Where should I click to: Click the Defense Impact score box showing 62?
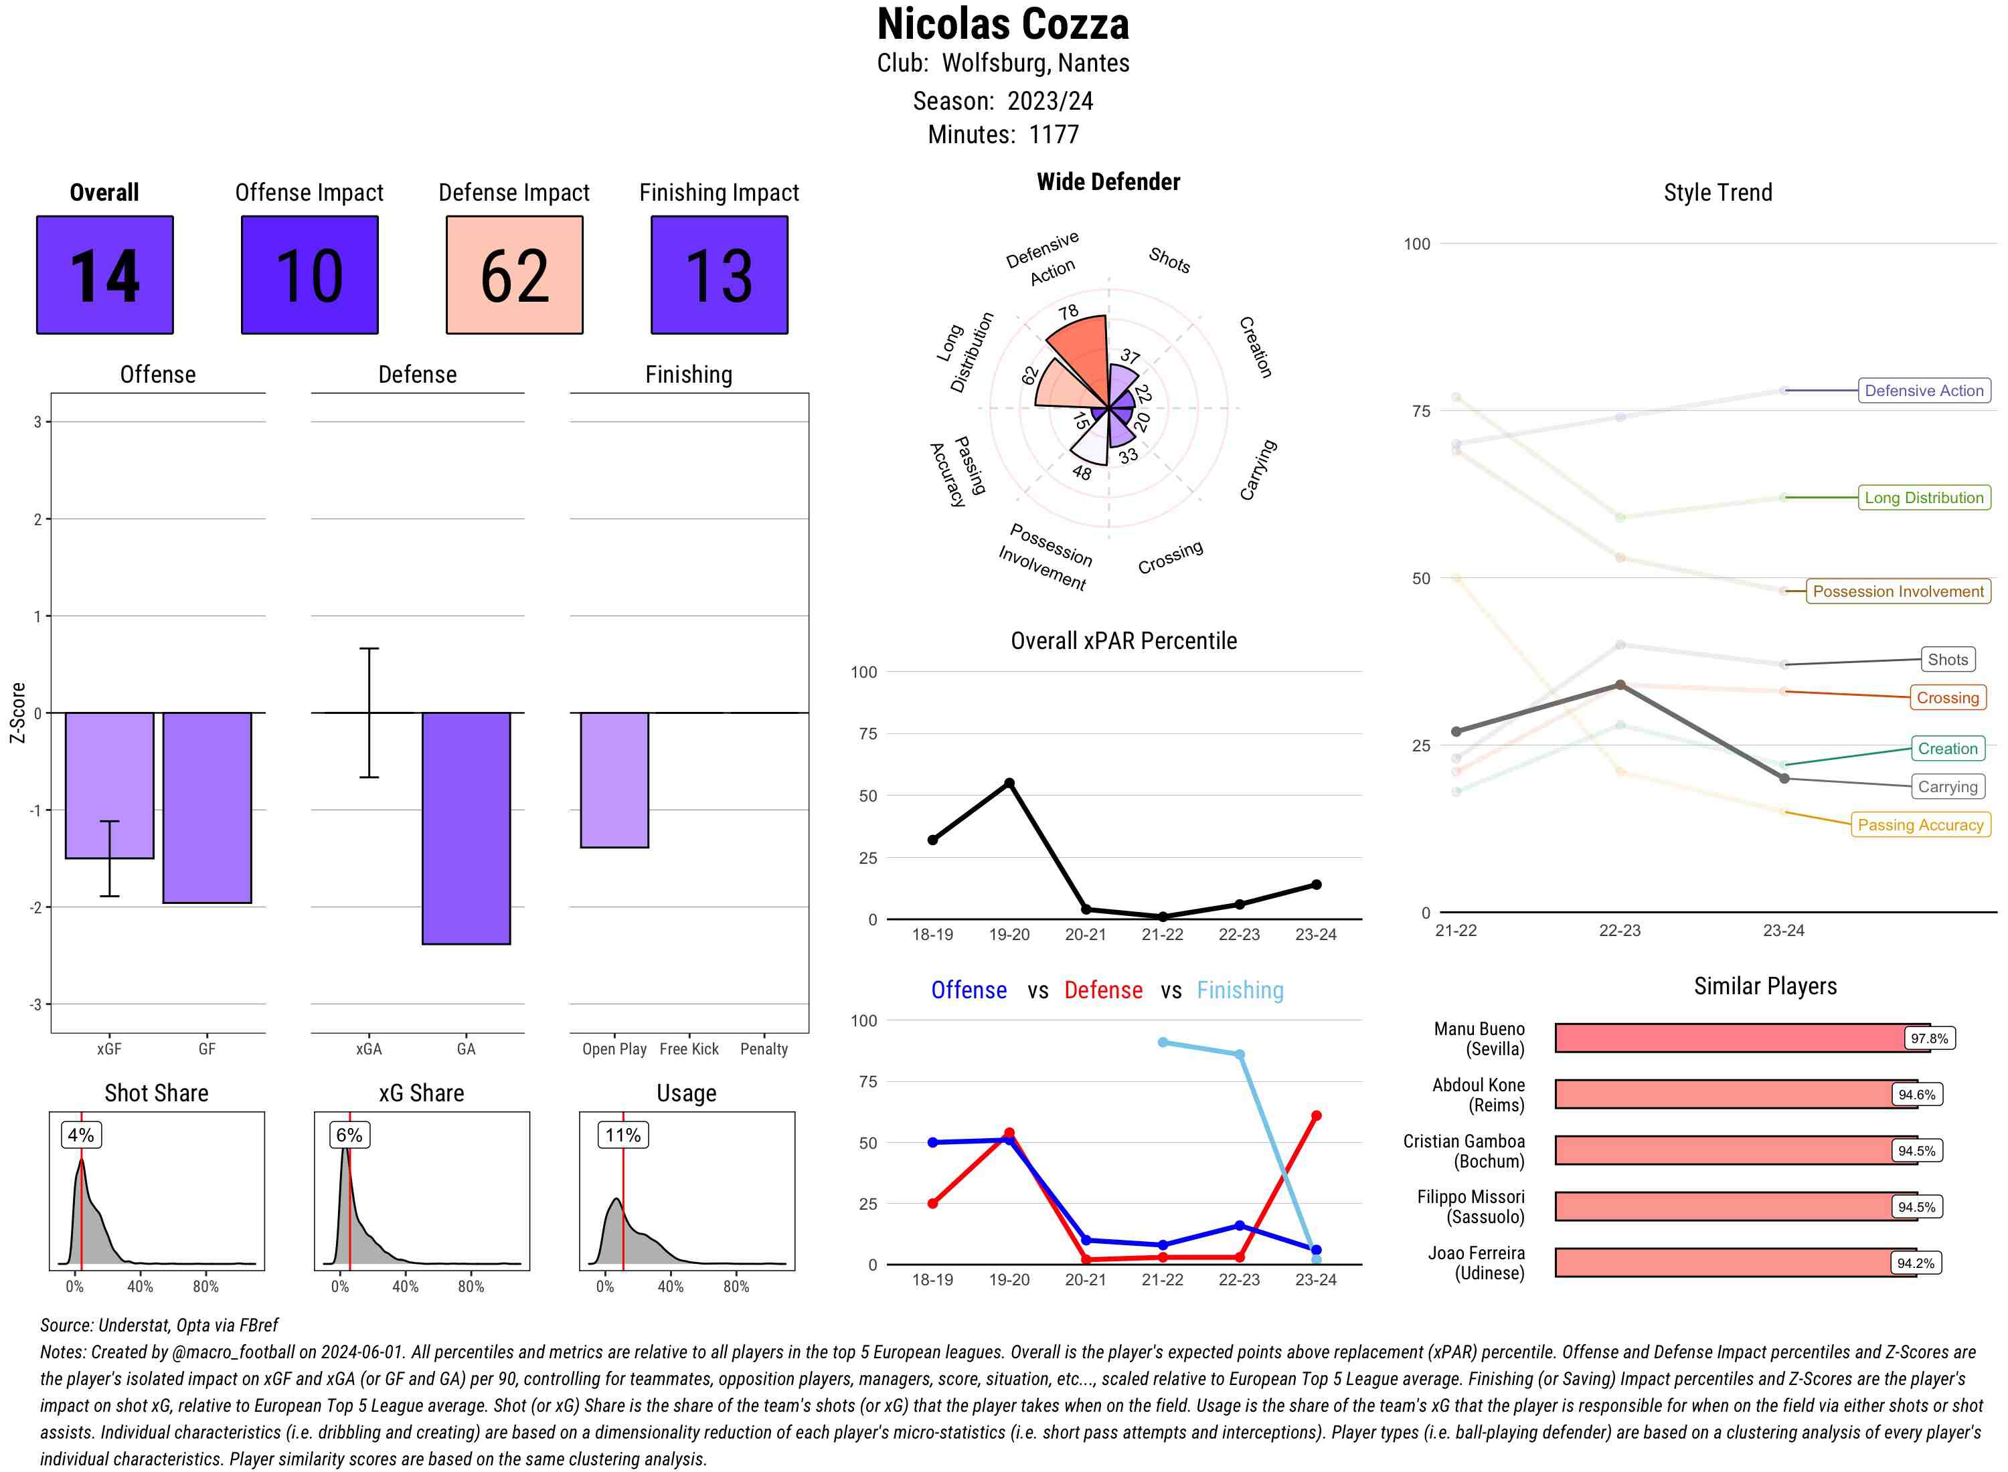(x=514, y=274)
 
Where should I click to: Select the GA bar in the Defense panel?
(x=466, y=828)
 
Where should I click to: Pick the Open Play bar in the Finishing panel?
(x=614, y=779)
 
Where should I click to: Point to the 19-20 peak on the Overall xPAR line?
(x=1009, y=784)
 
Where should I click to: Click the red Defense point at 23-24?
(x=1315, y=1115)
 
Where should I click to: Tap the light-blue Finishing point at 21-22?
(x=1162, y=1042)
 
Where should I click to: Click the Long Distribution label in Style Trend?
(x=1924, y=497)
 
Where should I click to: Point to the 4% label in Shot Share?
(x=81, y=1135)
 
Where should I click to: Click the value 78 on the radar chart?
(x=1069, y=312)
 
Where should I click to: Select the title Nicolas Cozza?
(x=1003, y=24)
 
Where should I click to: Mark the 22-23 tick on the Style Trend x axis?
(x=1619, y=930)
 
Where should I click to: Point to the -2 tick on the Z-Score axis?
(x=37, y=907)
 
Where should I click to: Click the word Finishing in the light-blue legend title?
(x=1240, y=990)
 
